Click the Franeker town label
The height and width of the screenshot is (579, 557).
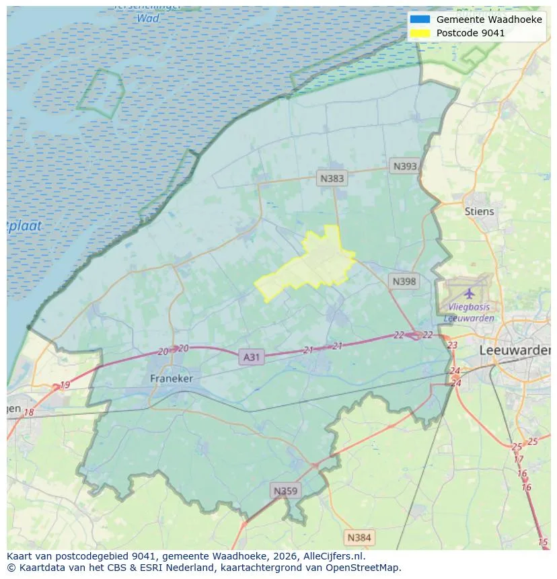(171, 379)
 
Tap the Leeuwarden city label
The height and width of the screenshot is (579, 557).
(515, 350)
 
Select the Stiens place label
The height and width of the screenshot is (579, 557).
(479, 211)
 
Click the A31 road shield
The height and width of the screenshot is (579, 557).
(251, 357)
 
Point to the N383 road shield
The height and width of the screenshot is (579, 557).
(332, 178)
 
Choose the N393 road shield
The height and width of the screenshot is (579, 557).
(405, 166)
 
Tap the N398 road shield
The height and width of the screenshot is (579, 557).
(404, 281)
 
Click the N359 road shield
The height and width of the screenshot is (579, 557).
(284, 491)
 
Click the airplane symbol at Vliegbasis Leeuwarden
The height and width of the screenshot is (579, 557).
(470, 293)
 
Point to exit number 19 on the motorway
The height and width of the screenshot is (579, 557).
(65, 385)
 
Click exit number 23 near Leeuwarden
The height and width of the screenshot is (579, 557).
(452, 345)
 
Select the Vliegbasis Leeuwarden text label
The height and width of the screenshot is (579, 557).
(470, 313)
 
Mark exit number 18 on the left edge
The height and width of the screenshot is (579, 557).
(28, 412)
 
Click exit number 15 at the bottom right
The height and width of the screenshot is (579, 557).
(543, 542)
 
